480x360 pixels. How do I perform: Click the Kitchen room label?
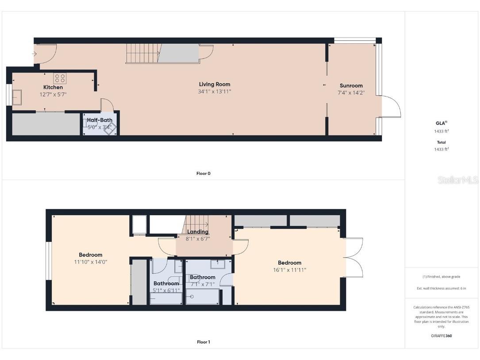(53, 87)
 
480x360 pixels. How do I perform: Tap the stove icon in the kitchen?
(60, 79)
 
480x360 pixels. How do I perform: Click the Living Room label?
(215, 84)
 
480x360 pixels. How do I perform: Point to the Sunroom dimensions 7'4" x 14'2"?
(351, 93)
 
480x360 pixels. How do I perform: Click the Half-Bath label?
(100, 120)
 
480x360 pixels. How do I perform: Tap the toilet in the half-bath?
(110, 128)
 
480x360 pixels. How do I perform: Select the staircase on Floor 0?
(142, 53)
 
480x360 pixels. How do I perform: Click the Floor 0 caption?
(204, 174)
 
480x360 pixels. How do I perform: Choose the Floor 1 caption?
(204, 342)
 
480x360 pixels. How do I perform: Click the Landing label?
(198, 232)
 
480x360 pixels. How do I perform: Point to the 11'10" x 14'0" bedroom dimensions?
(91, 262)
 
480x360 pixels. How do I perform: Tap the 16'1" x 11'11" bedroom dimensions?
(290, 270)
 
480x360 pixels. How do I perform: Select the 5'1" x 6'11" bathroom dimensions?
(166, 290)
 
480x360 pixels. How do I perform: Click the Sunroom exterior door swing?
(391, 106)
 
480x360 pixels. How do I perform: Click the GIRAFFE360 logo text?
(442, 336)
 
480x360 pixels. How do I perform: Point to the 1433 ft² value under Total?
(442, 149)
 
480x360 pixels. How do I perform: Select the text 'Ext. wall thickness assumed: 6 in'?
(442, 288)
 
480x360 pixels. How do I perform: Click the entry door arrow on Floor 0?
(35, 54)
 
